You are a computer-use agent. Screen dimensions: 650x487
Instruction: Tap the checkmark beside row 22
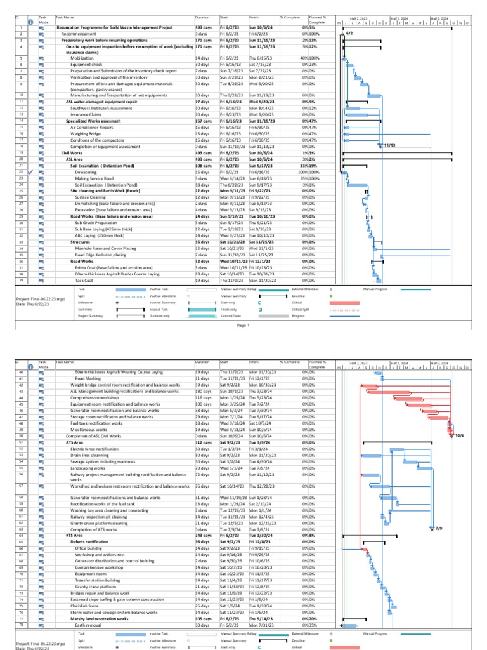30,172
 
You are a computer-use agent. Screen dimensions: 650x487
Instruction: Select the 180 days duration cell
203,392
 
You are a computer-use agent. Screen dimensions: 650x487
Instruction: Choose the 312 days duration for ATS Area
204,442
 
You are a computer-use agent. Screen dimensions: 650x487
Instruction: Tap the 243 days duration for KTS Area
204,535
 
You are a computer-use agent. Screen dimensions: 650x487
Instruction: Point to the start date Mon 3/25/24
232,404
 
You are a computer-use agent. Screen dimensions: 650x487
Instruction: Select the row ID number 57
21,486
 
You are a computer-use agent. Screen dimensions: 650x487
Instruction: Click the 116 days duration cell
203,398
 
